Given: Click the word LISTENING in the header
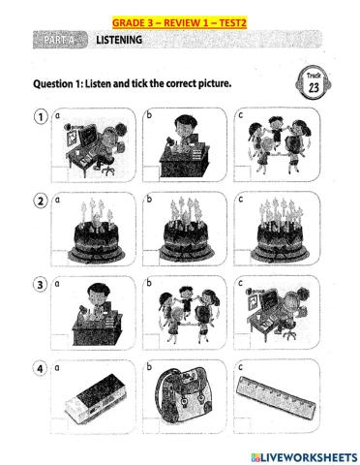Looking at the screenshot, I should [118, 40].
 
